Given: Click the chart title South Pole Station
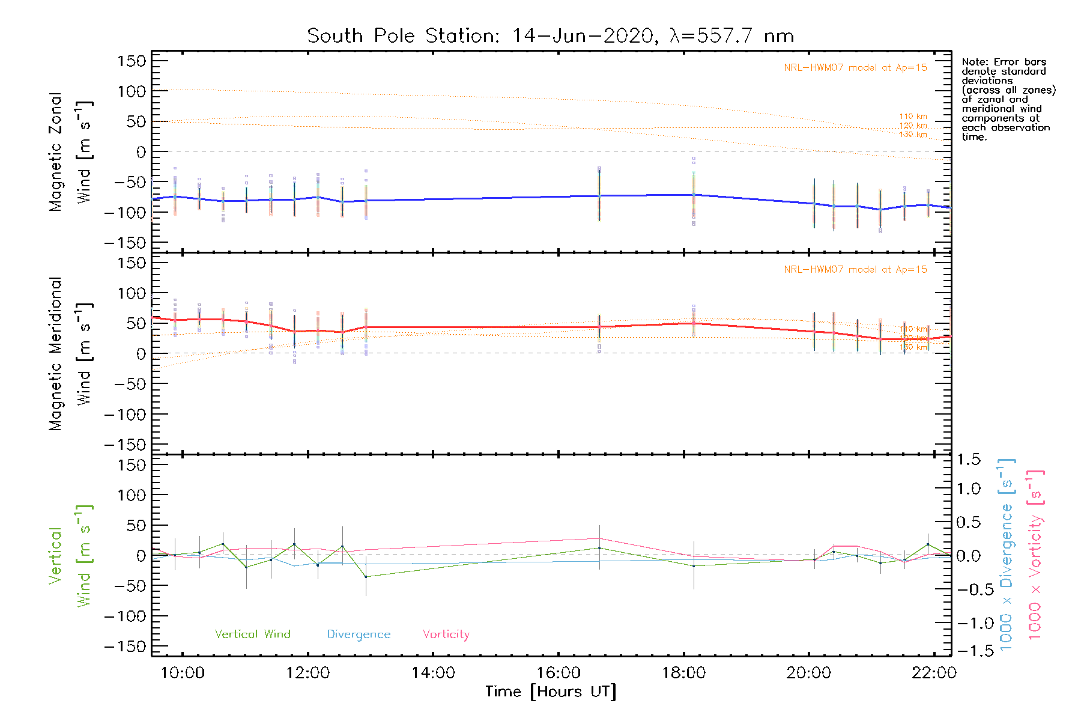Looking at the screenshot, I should point(550,36).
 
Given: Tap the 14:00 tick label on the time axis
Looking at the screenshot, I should point(433,673).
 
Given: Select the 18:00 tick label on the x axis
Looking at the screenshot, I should point(683,673).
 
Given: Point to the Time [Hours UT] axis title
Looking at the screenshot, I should point(551,692).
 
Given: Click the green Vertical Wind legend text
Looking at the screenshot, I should point(252,634).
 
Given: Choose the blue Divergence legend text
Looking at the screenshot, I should point(359,634).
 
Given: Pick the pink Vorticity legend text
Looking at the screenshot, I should point(446,634).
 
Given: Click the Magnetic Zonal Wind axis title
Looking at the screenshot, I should point(71,151).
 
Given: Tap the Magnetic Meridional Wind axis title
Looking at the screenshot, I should point(71,354).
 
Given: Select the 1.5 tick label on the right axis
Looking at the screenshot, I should point(969,460).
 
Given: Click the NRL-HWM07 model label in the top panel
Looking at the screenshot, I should point(855,68).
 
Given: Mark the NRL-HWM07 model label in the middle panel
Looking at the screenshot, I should point(855,270).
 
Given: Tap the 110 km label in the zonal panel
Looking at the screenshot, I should point(913,117).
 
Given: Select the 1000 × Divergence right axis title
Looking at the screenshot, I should point(1007,555).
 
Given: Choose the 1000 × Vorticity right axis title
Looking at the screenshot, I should point(1035,555).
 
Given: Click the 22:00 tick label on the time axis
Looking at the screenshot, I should point(934,673).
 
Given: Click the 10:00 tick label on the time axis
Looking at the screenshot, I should point(183,673).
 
